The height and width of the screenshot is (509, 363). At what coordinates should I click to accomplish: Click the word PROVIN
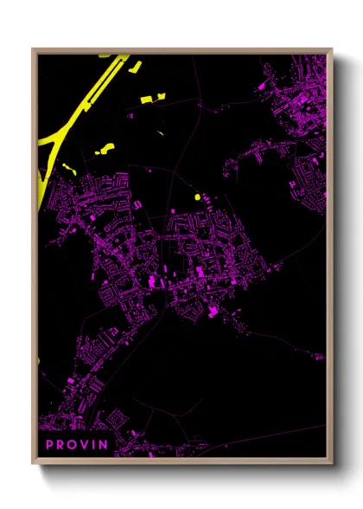tap(77, 445)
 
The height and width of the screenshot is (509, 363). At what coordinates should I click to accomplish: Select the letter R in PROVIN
tap(62, 445)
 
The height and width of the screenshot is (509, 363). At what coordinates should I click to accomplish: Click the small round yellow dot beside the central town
tap(197, 197)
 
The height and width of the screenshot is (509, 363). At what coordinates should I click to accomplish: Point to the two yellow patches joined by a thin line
tap(103, 149)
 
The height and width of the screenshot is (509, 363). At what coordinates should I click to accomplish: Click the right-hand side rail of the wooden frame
tap(329, 260)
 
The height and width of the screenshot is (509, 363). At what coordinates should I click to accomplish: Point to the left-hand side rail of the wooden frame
tap(35, 260)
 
